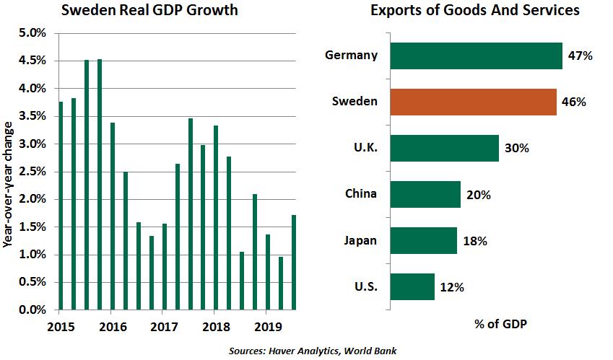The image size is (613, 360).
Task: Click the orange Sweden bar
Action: click(473, 102)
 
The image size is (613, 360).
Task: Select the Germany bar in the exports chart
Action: click(476, 56)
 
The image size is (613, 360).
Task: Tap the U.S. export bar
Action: click(412, 286)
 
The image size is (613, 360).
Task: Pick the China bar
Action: click(425, 194)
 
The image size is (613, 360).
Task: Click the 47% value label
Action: click(580, 56)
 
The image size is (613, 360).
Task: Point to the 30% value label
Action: click(516, 148)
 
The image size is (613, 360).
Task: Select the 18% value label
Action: click(474, 241)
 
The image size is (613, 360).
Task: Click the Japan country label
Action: click(359, 240)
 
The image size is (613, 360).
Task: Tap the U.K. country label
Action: click(362, 148)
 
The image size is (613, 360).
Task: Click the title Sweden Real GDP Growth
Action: click(149, 12)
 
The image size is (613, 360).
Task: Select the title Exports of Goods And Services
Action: click(474, 12)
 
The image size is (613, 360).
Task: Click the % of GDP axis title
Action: click(500, 324)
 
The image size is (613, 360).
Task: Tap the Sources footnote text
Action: click(312, 350)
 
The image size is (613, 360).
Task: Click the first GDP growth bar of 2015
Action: click(61, 206)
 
